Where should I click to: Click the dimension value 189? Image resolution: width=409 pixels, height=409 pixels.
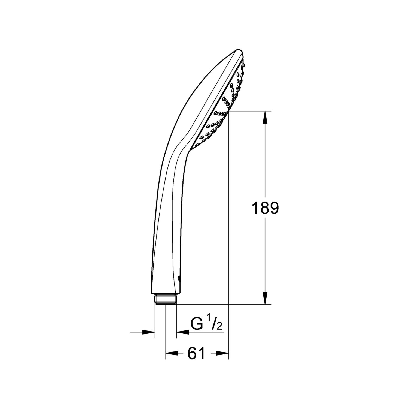(x=265, y=209)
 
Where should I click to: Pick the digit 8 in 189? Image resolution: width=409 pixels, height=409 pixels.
(x=265, y=209)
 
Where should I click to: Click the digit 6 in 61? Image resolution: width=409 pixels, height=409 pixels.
(x=192, y=354)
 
